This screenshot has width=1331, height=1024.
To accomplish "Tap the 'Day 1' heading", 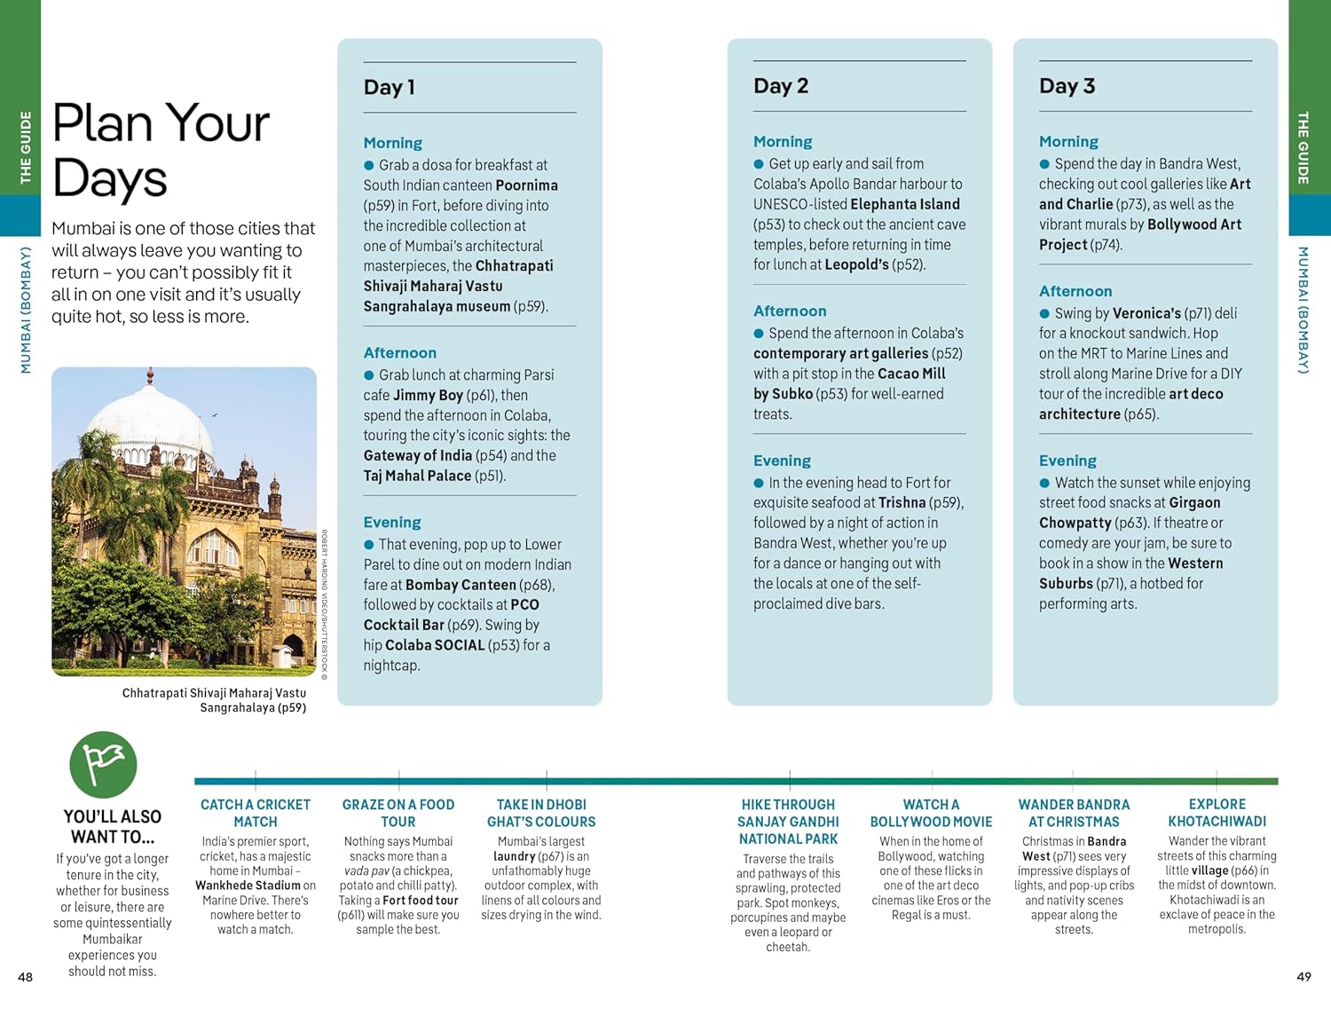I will click(389, 87).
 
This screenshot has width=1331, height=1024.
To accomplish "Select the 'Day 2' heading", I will click(780, 86).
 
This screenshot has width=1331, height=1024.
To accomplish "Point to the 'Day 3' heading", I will click(1067, 86).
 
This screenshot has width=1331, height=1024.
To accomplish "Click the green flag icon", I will click(103, 764).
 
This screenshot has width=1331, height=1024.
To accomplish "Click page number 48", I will click(26, 977).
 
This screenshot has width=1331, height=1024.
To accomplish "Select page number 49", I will click(1303, 976).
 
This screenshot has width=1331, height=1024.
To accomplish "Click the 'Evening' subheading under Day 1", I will click(391, 522).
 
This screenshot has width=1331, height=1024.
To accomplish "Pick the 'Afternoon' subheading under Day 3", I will click(1075, 291).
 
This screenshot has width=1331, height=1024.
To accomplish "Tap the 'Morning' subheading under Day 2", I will click(782, 141).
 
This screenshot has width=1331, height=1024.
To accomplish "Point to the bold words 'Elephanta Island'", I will click(904, 204).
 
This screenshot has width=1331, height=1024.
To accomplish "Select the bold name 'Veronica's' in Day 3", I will click(1146, 313).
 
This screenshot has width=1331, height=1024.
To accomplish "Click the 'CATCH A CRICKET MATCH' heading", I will click(256, 813).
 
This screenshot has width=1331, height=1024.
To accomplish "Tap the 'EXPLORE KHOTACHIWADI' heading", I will click(1217, 813).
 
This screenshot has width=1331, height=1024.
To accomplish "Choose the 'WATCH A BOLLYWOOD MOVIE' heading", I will click(931, 813).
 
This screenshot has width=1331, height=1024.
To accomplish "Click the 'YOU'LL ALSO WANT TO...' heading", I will click(113, 826).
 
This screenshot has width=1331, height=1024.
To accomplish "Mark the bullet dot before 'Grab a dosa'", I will click(369, 165).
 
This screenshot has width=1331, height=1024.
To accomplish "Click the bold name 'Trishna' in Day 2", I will click(902, 502).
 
